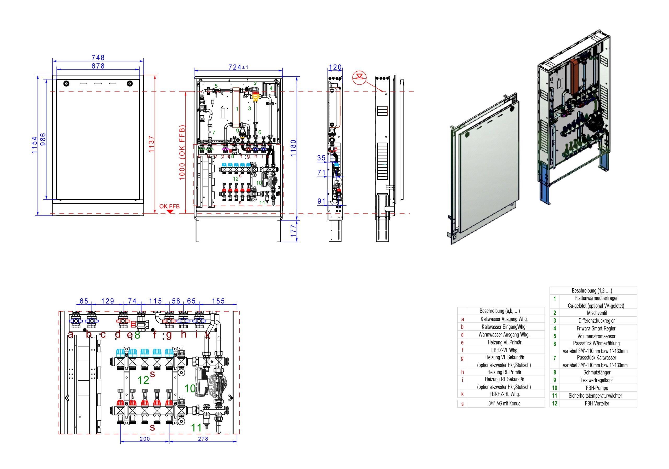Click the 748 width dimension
[x=98, y=58]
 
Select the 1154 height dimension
[x=35, y=145]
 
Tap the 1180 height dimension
[x=293, y=148]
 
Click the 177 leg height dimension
[x=293, y=231]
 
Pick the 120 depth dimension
[x=335, y=67]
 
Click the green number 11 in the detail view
[x=196, y=428]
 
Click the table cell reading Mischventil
[x=597, y=313]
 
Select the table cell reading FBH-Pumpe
[x=597, y=388]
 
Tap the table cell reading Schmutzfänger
[x=597, y=373]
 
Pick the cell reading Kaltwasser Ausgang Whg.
[x=504, y=319]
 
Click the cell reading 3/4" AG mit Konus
[x=504, y=404]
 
